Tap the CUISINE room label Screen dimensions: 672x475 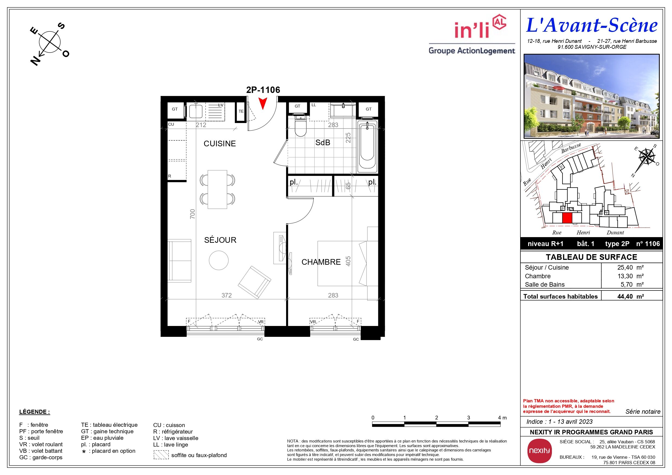220,144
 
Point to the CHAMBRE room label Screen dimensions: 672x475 321,262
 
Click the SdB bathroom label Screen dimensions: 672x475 322,143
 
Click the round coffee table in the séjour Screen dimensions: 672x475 219,260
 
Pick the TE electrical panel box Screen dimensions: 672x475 241,111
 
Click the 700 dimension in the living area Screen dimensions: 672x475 192,214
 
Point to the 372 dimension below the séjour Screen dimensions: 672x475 226,295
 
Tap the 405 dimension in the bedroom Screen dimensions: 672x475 348,261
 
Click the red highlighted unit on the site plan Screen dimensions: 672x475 567,218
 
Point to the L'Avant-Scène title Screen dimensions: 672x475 592,25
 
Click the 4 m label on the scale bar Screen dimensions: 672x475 502,418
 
